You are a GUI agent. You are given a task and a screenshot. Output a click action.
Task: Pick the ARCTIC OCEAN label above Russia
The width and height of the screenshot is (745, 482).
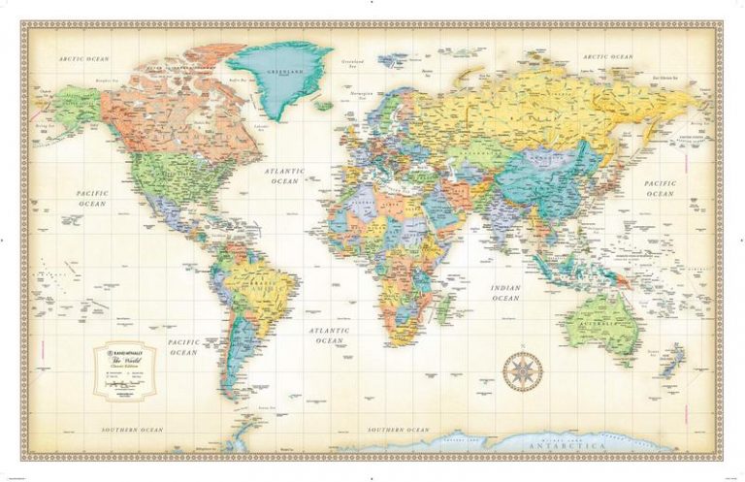(609, 57)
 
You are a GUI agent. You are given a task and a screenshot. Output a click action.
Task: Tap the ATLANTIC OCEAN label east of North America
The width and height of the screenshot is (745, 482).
(284, 177)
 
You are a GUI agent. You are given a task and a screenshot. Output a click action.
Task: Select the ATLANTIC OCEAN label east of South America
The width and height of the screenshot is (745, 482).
(330, 337)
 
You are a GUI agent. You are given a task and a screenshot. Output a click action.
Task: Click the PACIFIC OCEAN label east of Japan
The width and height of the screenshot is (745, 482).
(686, 188)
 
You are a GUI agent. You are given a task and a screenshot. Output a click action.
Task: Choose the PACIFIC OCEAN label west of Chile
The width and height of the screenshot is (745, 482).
(182, 347)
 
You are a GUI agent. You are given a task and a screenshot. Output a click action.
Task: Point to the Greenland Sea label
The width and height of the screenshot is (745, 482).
(353, 65)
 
